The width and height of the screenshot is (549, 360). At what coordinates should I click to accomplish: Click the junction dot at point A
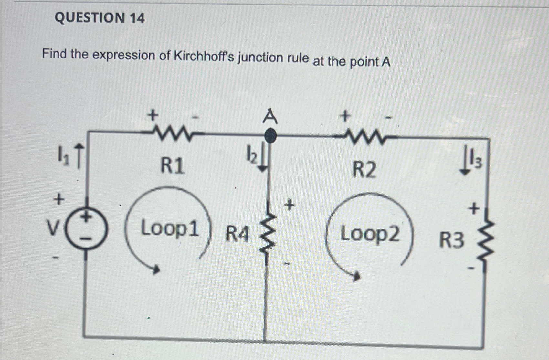tap(271, 135)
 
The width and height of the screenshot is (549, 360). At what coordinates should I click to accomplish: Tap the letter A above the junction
tap(270, 117)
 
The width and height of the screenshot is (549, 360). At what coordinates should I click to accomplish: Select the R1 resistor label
tap(173, 166)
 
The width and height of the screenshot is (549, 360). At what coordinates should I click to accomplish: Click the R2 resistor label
tap(364, 170)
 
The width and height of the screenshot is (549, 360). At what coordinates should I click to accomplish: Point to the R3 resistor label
tap(451, 240)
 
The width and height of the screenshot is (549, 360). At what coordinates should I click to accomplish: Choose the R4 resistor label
tap(238, 234)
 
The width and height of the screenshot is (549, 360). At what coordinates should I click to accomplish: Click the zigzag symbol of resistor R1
tap(173, 131)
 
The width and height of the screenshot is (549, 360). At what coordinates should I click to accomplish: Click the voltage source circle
tap(86, 228)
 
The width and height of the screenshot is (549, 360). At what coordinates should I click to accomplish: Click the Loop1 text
tap(170, 229)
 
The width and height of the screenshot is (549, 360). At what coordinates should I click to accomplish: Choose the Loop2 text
tap(370, 234)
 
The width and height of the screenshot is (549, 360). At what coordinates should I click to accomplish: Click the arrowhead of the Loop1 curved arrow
tap(157, 270)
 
